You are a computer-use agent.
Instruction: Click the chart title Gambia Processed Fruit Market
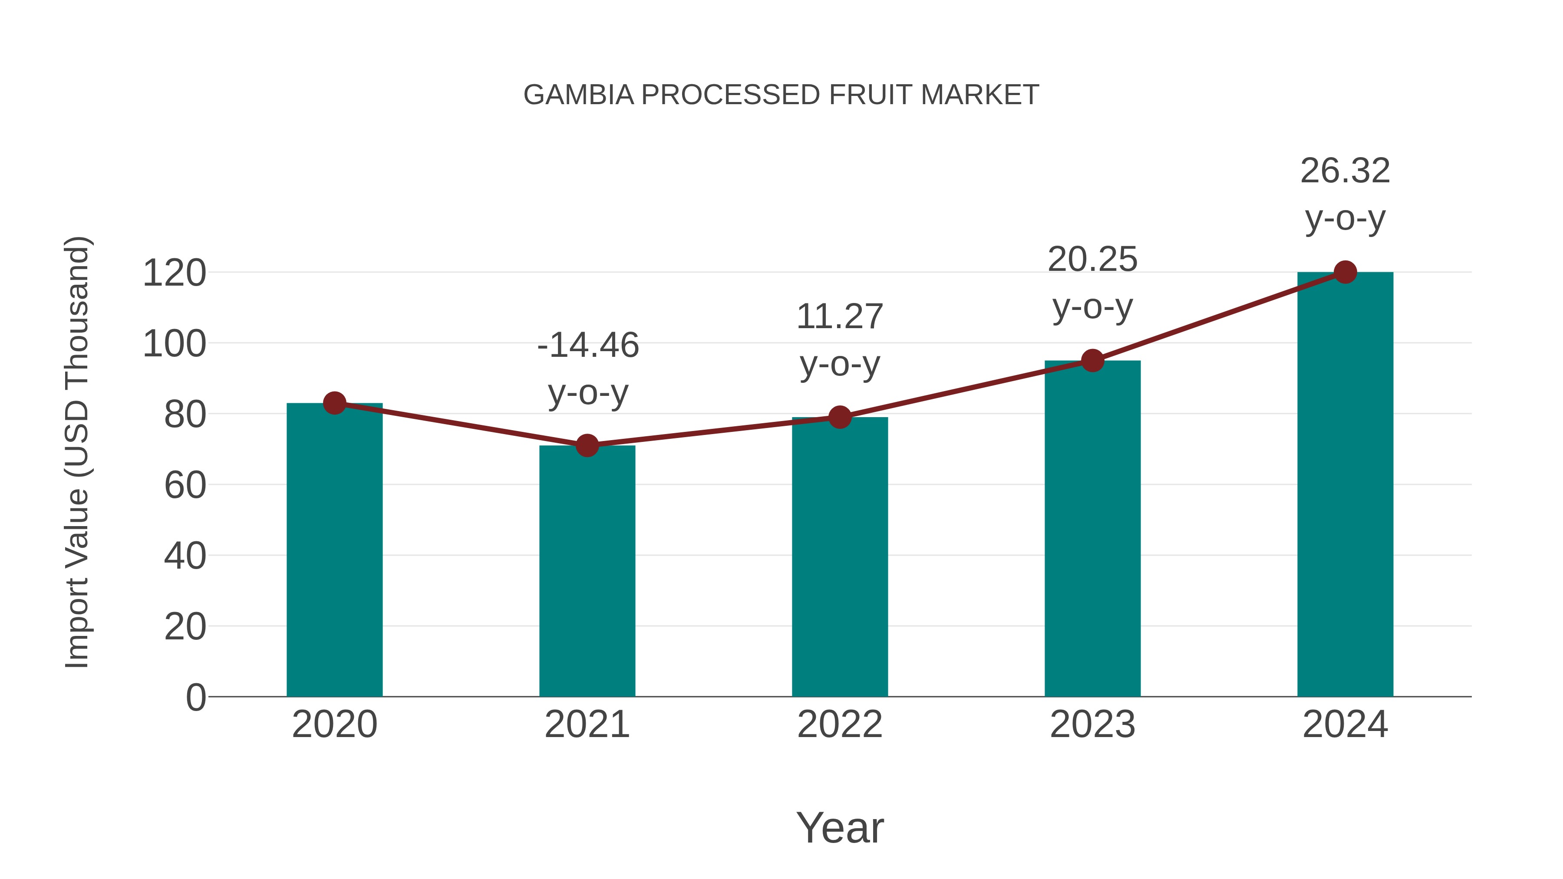(781, 95)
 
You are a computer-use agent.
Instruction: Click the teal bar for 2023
(1092, 528)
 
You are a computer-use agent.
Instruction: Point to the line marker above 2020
(334, 403)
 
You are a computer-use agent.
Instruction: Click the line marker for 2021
(587, 445)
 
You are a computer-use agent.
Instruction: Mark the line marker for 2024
(1345, 272)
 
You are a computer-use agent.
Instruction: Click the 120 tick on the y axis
(174, 273)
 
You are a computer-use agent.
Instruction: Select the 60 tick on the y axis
(185, 485)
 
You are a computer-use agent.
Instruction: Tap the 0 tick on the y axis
(196, 698)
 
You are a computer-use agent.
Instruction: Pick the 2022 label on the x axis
(840, 724)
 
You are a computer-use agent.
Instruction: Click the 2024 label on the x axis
(1345, 724)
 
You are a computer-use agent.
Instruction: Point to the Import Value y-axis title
(78, 452)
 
